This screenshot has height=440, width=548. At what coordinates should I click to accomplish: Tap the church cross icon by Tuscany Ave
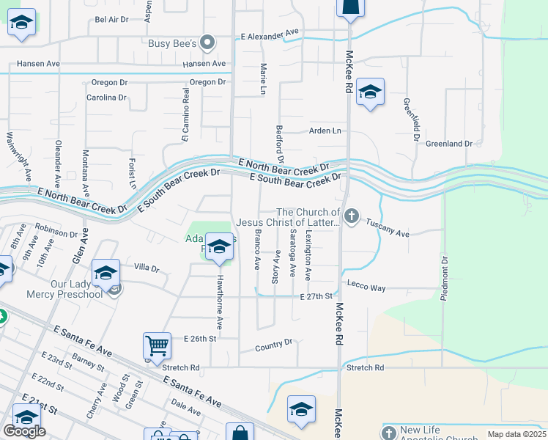click(x=352, y=216)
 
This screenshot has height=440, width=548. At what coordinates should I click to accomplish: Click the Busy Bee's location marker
click(x=208, y=43)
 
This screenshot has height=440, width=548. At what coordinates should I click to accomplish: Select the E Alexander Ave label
click(x=270, y=33)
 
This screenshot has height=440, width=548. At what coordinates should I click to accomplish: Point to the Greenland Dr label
click(x=448, y=144)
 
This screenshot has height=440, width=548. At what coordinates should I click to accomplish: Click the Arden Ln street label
click(x=325, y=131)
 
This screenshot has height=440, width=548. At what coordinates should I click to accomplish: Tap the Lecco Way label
click(x=366, y=288)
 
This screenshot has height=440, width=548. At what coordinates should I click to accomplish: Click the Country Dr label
click(x=273, y=342)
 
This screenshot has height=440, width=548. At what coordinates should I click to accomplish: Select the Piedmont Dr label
click(x=444, y=279)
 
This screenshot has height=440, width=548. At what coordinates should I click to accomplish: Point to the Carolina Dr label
click(x=106, y=98)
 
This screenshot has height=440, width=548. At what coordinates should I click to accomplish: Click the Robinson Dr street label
click(x=56, y=230)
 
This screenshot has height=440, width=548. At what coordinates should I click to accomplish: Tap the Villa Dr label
click(x=147, y=268)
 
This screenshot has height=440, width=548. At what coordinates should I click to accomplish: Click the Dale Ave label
click(x=185, y=407)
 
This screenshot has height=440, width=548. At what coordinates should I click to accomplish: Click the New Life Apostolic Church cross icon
click(x=388, y=433)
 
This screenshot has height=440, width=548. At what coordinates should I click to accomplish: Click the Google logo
click(x=24, y=431)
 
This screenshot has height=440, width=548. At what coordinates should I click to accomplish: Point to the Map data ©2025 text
click(x=516, y=434)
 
